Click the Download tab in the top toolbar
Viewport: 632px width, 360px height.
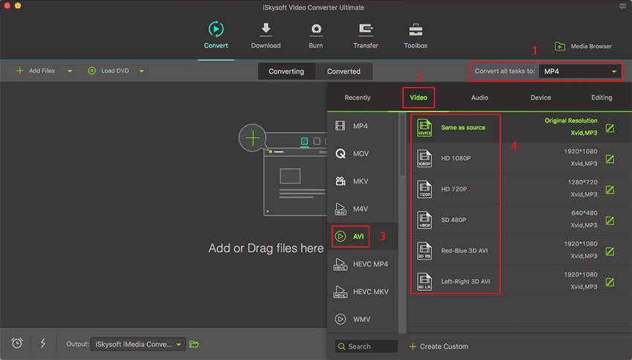coord(265,36)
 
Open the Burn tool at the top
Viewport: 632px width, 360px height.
coord(316,36)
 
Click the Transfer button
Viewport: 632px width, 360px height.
coord(366,36)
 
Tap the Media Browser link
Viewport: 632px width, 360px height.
coord(583,46)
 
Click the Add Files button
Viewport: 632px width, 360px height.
coord(36,71)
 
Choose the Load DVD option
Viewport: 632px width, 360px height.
coord(109,71)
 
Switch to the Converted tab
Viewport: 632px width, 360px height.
coord(344,71)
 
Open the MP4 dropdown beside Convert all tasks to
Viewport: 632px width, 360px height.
coord(580,71)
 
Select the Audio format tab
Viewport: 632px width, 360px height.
coord(480,97)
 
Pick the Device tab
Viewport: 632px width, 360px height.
coord(541,97)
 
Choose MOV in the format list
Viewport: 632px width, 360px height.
coord(352,153)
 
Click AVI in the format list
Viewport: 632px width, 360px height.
coord(351,237)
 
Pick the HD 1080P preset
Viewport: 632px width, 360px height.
coord(456,158)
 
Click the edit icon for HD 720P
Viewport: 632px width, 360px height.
coord(610,190)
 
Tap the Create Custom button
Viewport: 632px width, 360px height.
coord(439,347)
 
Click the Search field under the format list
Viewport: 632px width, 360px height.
coord(367,347)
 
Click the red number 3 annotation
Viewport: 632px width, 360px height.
coord(382,237)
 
